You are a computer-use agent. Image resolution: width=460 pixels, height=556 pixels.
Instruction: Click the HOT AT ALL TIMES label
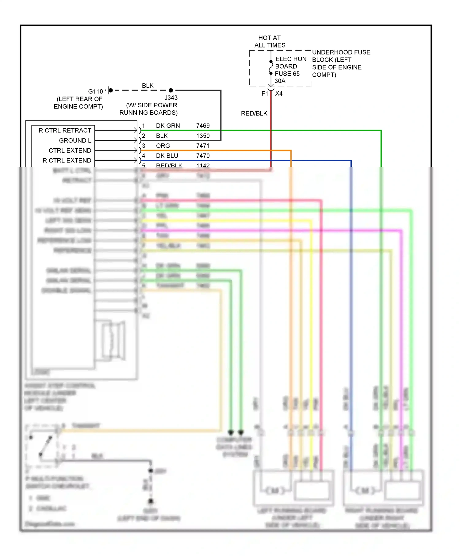(270, 41)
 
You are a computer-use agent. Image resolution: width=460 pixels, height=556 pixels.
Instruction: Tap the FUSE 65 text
(287, 74)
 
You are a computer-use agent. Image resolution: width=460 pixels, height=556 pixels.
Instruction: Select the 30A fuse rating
(280, 81)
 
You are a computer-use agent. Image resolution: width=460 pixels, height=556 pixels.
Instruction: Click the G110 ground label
(95, 91)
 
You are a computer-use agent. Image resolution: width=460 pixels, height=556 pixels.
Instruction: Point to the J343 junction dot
(171, 90)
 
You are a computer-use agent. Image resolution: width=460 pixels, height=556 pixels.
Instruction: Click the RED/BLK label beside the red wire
(254, 113)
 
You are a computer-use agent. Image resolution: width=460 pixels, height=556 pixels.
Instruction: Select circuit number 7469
(203, 126)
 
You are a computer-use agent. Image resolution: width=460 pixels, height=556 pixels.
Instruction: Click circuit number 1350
(203, 136)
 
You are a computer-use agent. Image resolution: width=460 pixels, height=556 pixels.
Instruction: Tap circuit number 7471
(203, 146)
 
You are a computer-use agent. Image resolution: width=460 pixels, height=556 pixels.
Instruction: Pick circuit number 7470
(203, 156)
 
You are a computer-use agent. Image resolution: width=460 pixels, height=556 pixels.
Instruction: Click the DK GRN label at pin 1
(168, 126)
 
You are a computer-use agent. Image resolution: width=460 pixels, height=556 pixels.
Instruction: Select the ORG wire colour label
(163, 146)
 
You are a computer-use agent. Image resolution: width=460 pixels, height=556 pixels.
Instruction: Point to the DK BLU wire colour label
(167, 156)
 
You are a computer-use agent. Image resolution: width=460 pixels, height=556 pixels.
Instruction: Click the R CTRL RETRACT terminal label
(65, 131)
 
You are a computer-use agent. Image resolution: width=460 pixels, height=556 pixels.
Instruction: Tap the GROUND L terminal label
(75, 141)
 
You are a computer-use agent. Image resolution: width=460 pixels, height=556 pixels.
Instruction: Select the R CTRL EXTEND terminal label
(67, 161)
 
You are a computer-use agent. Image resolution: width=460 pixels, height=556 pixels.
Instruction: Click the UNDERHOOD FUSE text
(341, 52)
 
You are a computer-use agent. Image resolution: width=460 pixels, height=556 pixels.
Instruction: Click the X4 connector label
(279, 93)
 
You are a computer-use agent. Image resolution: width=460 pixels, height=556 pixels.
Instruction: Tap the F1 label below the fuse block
(265, 93)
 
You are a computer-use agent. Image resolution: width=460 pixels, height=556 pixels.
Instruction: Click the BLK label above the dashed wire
(148, 86)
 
